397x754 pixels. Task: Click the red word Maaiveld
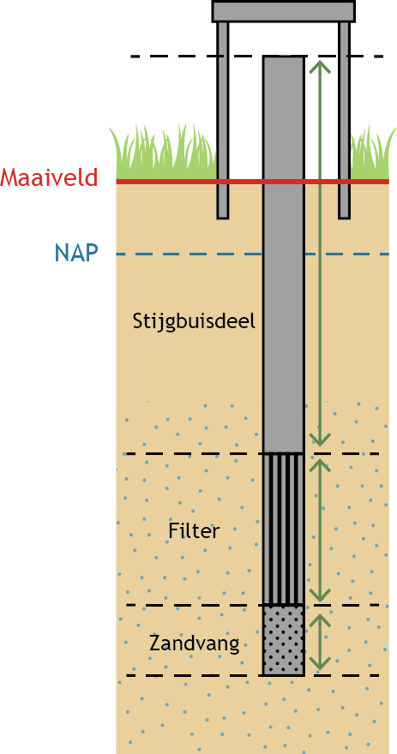coord(49,177)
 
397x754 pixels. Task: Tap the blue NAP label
coord(76,253)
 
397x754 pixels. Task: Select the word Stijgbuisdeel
coord(194,321)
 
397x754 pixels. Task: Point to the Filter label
coord(194,531)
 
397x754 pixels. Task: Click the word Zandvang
coord(195,643)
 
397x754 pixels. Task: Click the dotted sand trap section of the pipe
coord(284,640)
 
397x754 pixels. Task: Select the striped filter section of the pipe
coord(284,529)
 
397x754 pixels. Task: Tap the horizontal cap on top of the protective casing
coord(284,11)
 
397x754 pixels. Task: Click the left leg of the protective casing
coord(222,120)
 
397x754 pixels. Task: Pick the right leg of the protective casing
coord(344,120)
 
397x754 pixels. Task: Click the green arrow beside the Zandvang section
coord(320,642)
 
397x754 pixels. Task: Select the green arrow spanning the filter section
coord(320,530)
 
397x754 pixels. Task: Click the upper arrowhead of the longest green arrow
coord(320,66)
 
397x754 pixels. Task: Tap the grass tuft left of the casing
coord(164,153)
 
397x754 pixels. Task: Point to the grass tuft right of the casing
coord(374,153)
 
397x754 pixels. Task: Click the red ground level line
coord(253,182)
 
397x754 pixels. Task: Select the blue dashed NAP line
coord(253,254)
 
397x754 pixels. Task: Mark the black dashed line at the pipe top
coord(257,57)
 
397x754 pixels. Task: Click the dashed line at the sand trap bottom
coord(253,675)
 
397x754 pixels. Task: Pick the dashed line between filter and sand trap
coord(257,604)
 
